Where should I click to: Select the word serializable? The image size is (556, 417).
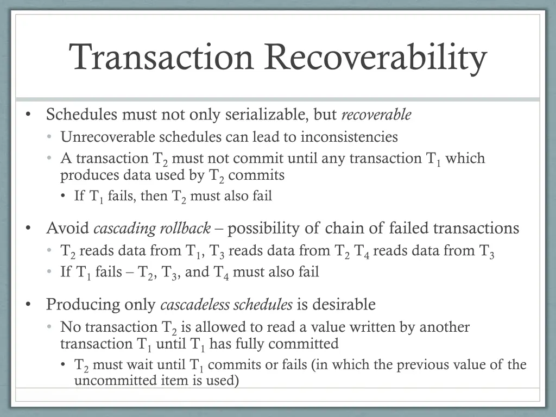coord(267,115)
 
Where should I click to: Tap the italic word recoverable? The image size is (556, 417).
coord(376,115)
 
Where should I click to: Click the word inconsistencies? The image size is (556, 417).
coord(349,137)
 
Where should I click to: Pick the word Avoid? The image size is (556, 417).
coord(68,228)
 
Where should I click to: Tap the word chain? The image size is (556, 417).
coord(344,228)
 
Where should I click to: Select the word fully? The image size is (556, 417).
coord(248,344)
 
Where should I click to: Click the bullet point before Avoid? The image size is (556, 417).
coord(28,229)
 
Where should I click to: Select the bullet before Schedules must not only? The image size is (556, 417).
coord(28,115)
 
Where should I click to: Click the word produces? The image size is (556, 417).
coord(90,175)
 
